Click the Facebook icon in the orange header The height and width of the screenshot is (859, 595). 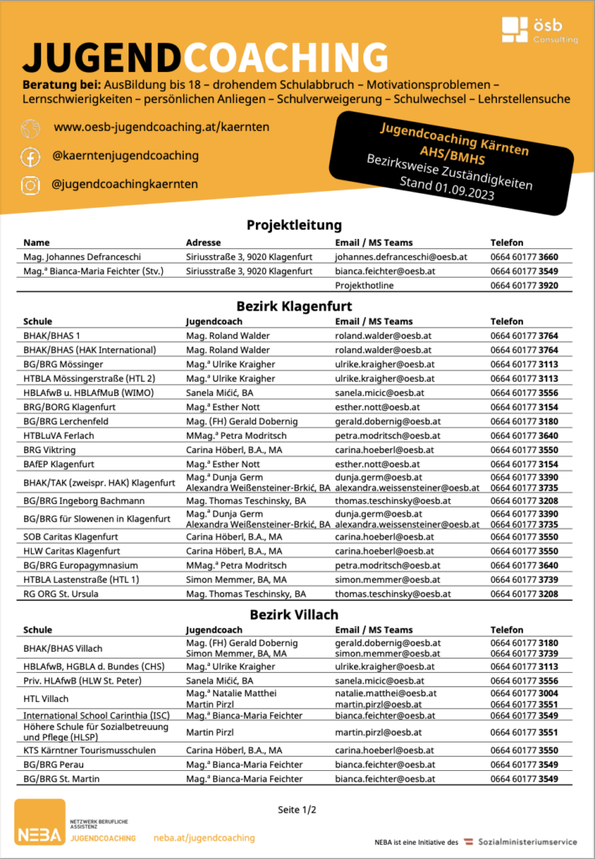(x=30, y=156)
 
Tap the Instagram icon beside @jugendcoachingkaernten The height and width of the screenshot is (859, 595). (x=30, y=184)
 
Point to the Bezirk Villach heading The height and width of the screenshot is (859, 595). (x=298, y=614)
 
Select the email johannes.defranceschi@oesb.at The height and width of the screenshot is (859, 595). (x=400, y=257)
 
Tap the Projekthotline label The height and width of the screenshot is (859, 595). (x=363, y=285)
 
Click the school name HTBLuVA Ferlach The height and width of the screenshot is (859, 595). (x=59, y=435)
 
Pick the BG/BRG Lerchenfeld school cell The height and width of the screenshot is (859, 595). (x=66, y=421)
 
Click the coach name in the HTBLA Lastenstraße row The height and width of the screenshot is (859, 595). (x=236, y=580)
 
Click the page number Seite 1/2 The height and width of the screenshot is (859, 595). (x=297, y=810)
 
